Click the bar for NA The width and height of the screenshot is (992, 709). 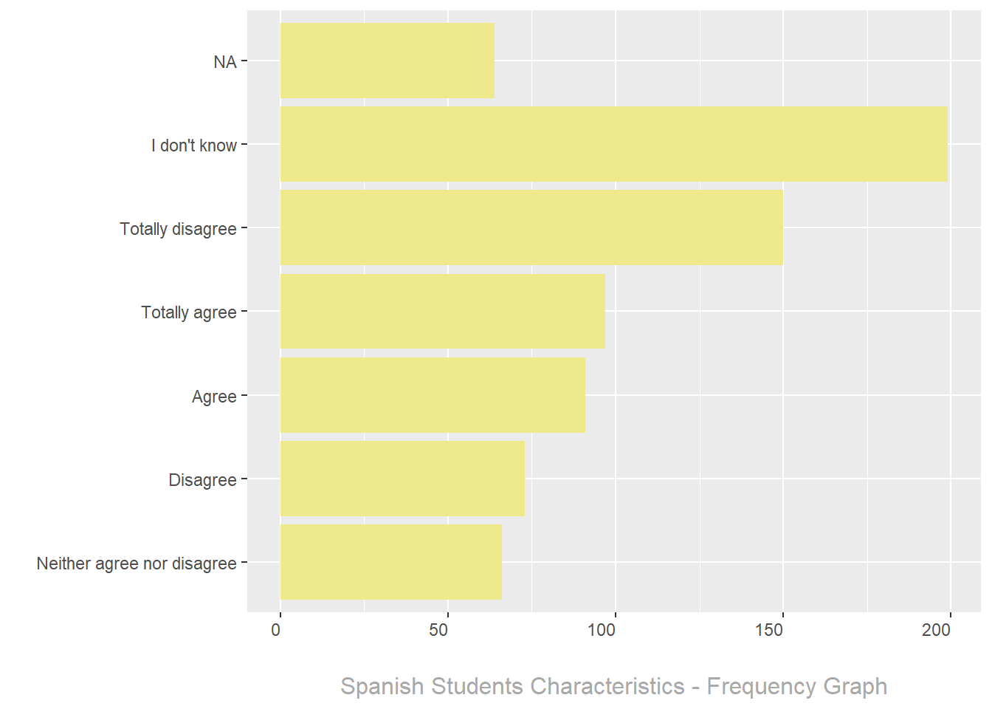point(387,61)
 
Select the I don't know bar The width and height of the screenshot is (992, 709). point(613,144)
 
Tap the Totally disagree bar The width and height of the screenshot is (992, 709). point(531,227)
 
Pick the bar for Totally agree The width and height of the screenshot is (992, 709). point(442,311)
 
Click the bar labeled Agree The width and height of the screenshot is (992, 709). point(433,395)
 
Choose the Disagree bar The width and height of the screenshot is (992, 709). point(402,479)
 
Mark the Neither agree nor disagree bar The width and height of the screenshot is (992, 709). point(390,562)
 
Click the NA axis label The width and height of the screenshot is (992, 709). point(225,62)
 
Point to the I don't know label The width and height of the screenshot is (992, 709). point(194,145)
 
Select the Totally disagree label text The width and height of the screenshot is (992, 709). point(178,229)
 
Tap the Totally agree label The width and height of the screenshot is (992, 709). point(189,312)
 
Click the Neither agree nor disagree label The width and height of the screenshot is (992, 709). point(137,564)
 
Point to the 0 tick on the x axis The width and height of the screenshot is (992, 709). point(276,630)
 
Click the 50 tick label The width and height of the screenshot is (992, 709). point(438,630)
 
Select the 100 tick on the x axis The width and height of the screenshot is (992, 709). point(601,630)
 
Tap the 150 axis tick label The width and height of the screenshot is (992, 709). point(768,630)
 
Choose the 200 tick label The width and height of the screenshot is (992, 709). point(936,630)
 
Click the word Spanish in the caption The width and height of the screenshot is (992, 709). point(382,687)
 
